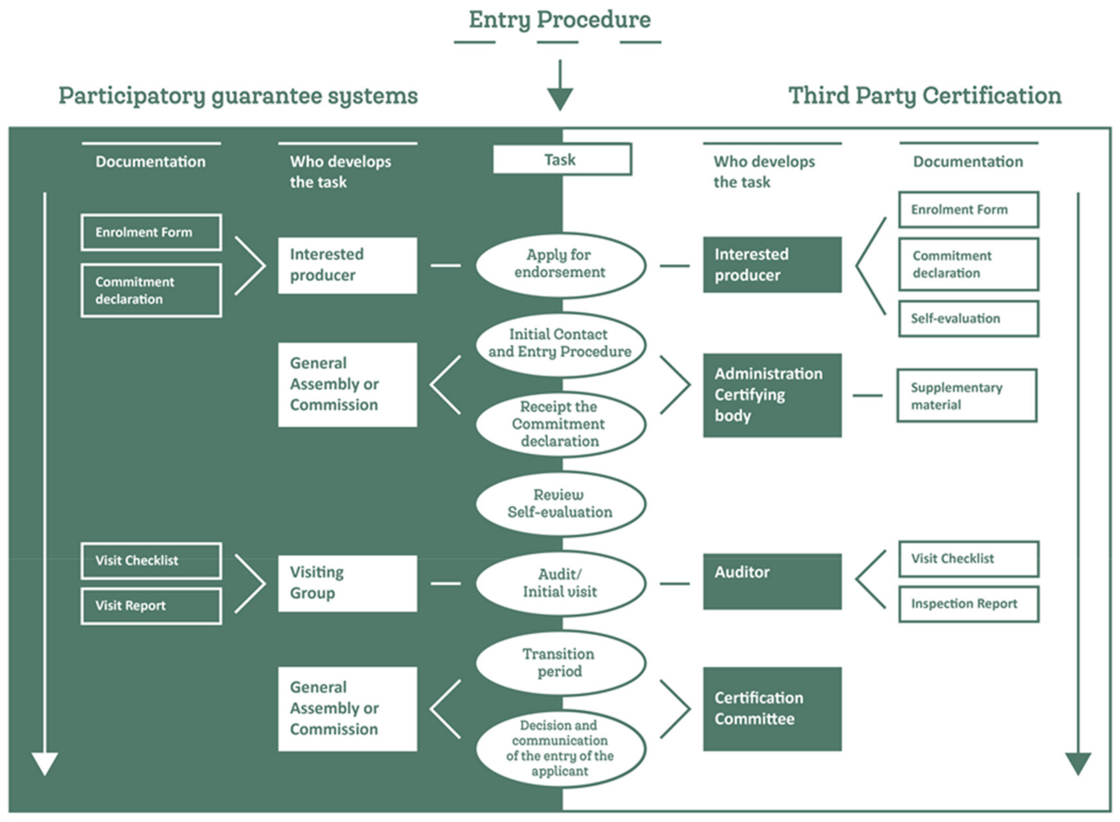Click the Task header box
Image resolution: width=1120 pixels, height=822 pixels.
(562, 159)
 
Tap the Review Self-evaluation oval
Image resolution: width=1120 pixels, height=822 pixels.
(560, 503)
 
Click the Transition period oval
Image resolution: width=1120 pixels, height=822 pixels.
(560, 662)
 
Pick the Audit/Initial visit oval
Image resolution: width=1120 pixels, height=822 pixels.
(560, 583)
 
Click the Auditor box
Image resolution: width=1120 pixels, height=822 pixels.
(772, 581)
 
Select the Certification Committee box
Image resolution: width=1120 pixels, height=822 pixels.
(772, 709)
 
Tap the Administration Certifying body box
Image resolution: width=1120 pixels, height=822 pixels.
(772, 395)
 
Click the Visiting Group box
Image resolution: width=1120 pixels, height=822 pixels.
(347, 583)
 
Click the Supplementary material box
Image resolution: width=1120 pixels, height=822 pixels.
(966, 396)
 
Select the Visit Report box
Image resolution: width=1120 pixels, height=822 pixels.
(151, 606)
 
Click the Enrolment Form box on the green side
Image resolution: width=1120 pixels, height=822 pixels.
(151, 232)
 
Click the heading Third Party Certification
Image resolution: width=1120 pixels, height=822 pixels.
(925, 96)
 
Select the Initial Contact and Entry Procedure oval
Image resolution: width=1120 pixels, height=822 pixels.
(560, 343)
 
